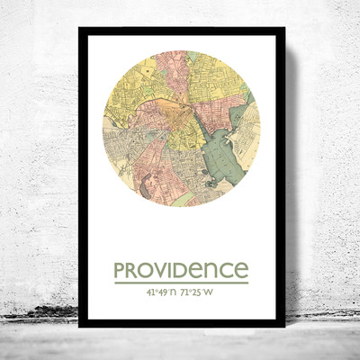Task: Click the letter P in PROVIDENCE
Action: point(119,270)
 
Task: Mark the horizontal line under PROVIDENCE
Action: point(180,283)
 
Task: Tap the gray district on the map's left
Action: point(112,144)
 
